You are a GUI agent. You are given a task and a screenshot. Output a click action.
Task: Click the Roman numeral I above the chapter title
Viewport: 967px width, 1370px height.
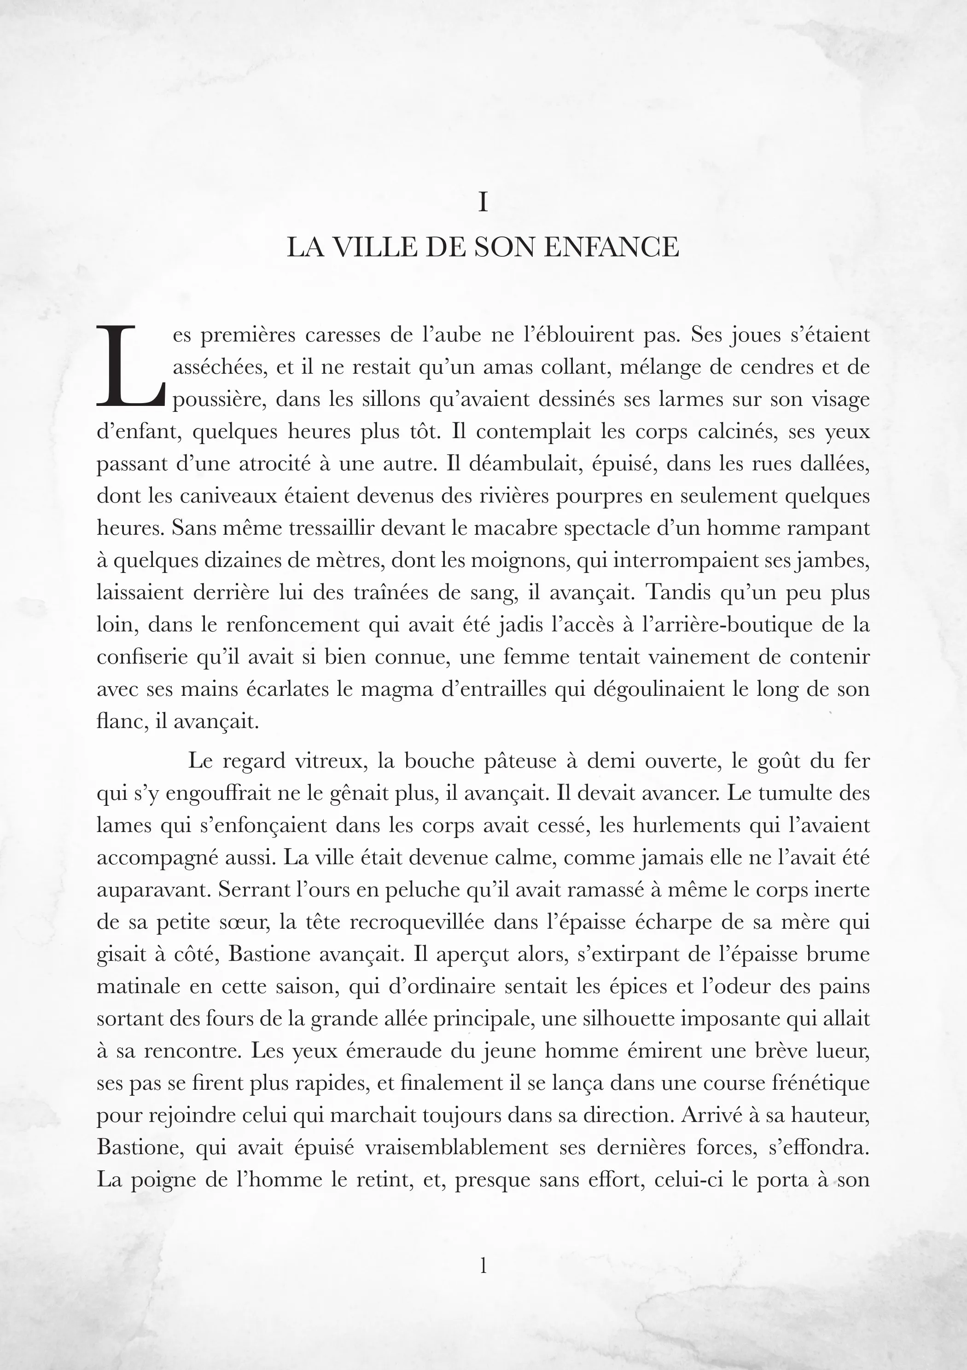[483, 203]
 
